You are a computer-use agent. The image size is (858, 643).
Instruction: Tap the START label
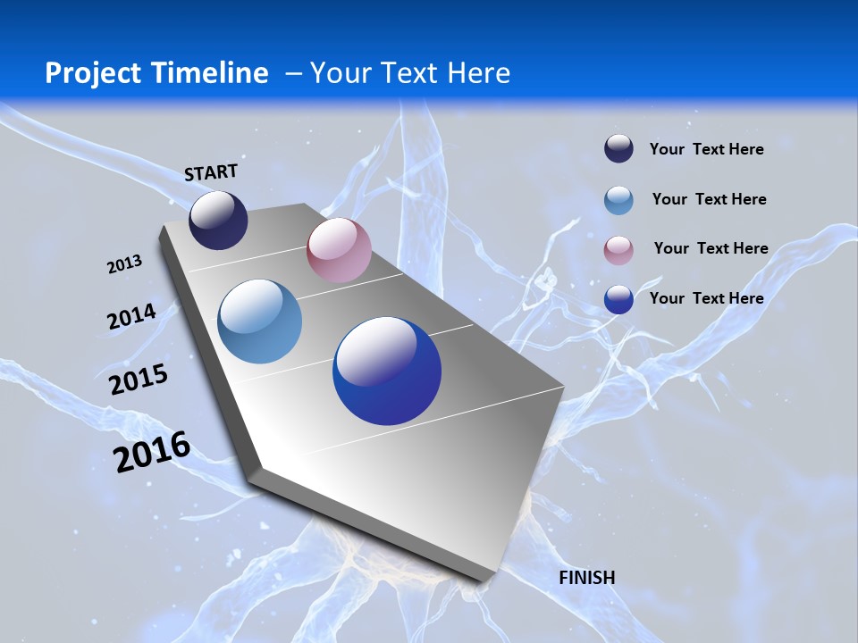pyautogui.click(x=211, y=171)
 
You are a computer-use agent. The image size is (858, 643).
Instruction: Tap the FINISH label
pyautogui.click(x=586, y=578)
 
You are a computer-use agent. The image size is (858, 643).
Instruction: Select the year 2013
pyautogui.click(x=124, y=264)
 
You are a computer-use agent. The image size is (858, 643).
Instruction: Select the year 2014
pyautogui.click(x=131, y=317)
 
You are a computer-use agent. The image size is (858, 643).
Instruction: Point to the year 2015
pyautogui.click(x=139, y=380)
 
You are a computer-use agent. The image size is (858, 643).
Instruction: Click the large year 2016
pyautogui.click(x=152, y=452)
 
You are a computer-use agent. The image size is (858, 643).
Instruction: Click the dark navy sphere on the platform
pyautogui.click(x=218, y=220)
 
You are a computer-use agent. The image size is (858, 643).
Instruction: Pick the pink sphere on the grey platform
pyautogui.click(x=339, y=250)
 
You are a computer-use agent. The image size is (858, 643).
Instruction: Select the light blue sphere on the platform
pyautogui.click(x=260, y=321)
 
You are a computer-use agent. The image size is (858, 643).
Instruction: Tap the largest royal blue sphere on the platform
pyautogui.click(x=387, y=372)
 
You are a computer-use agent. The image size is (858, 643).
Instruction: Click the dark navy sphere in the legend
pyautogui.click(x=618, y=149)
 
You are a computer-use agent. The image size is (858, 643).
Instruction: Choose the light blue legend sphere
pyautogui.click(x=618, y=200)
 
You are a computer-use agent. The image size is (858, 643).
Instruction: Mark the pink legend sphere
pyautogui.click(x=618, y=250)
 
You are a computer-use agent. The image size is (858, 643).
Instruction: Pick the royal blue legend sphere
pyautogui.click(x=618, y=299)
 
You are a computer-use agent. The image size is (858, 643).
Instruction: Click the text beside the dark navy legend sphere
pyautogui.click(x=706, y=149)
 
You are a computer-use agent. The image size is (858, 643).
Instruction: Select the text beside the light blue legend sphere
pyautogui.click(x=709, y=199)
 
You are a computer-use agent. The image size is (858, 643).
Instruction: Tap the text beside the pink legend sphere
pyautogui.click(x=711, y=248)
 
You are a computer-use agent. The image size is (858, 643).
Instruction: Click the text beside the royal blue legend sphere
pyautogui.click(x=706, y=298)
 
